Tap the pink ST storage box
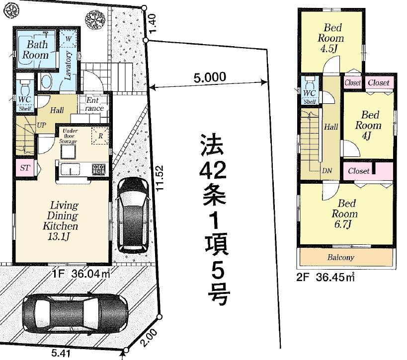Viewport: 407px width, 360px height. [x=24, y=168]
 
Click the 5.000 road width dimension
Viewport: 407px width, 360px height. [x=210, y=77]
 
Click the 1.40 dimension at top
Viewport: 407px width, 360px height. [x=153, y=23]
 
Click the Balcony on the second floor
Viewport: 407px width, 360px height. [x=340, y=257]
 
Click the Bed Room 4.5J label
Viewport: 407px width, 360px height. [x=331, y=38]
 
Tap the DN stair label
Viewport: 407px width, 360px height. [x=327, y=171]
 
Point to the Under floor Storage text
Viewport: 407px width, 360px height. [x=69, y=136]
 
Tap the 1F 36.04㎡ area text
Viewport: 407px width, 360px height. [x=81, y=272]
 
